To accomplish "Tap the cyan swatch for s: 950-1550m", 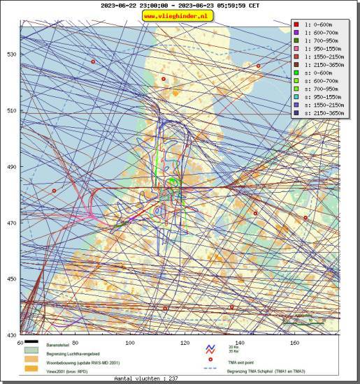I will click(x=296, y=97).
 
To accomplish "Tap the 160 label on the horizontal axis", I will click(x=294, y=342).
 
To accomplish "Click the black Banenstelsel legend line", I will click(x=31, y=345).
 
